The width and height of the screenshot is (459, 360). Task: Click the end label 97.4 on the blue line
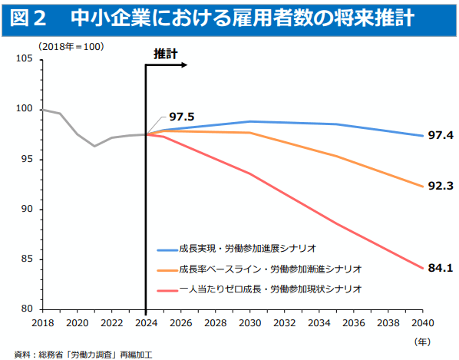pyautogui.click(x=441, y=136)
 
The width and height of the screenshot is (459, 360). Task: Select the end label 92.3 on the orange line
pyautogui.click(x=441, y=186)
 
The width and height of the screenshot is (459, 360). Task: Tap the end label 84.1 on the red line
pyautogui.click(x=441, y=268)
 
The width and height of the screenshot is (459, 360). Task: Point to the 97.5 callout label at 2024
pyautogui.click(x=182, y=116)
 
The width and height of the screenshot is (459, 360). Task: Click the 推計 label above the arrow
pyautogui.click(x=165, y=54)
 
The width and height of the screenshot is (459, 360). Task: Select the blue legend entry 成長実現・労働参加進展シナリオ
pyautogui.click(x=248, y=249)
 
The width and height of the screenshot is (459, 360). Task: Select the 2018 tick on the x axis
pyautogui.click(x=43, y=322)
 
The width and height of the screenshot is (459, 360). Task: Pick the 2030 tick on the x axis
pyautogui.click(x=248, y=322)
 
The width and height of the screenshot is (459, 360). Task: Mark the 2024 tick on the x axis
pyautogui.click(x=146, y=322)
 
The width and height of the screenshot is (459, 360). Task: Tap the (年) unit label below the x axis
pyautogui.click(x=423, y=339)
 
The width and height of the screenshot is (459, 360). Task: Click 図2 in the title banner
pyautogui.click(x=28, y=17)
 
